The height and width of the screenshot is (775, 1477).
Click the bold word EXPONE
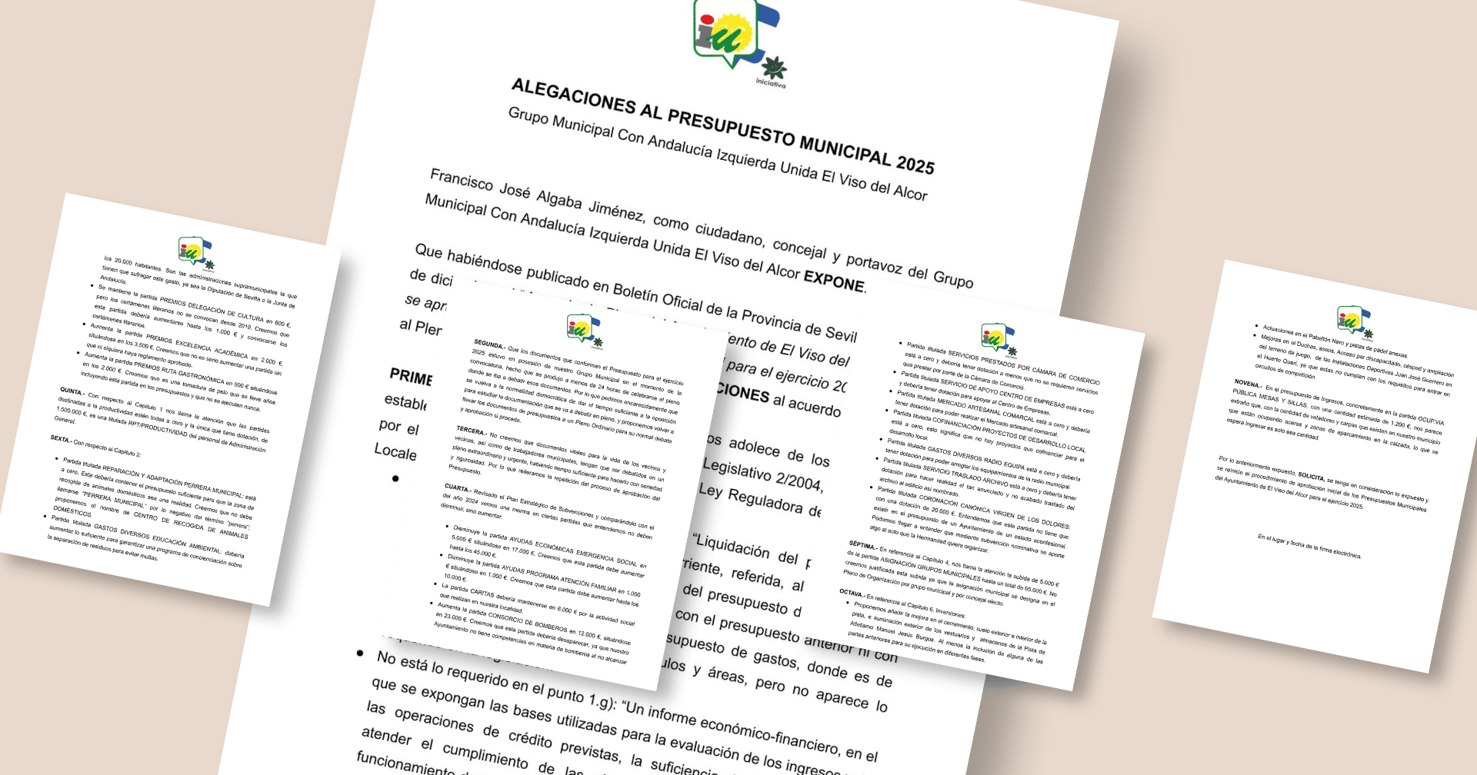pos(834,279)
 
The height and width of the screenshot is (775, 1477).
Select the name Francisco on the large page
pos(461,181)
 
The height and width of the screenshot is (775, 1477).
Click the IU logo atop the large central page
pos(727,35)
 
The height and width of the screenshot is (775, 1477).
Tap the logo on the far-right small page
pos(1350,319)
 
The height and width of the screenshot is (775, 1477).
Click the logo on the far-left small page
pos(191,251)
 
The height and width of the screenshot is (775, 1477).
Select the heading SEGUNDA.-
pos(489,344)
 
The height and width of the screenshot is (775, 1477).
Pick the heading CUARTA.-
pos(458,487)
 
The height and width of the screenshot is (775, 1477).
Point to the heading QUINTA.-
pos(72,391)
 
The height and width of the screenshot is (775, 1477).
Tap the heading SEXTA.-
pos(61,439)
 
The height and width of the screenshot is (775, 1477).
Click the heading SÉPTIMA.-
pos(862,545)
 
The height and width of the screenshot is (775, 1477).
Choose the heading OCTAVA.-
pos(852,593)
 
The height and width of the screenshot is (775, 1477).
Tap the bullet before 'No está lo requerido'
pos(360,653)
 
